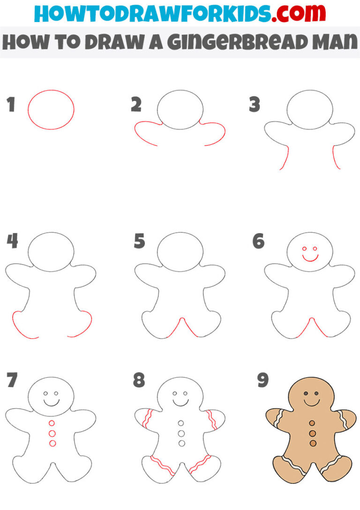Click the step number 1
tap(11, 105)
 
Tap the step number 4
tap(12, 242)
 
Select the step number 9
tap(262, 380)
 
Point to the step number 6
tap(258, 242)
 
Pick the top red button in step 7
tap(52, 424)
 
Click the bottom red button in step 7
tap(52, 443)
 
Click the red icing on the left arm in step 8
tap(146, 419)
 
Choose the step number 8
tap(139, 380)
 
